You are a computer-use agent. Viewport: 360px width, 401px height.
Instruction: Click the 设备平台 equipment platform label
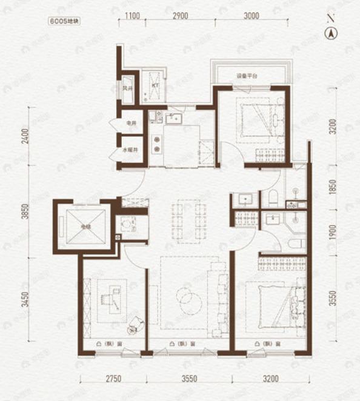pos(247,76)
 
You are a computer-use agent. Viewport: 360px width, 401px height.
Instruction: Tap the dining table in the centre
pos(189,220)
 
